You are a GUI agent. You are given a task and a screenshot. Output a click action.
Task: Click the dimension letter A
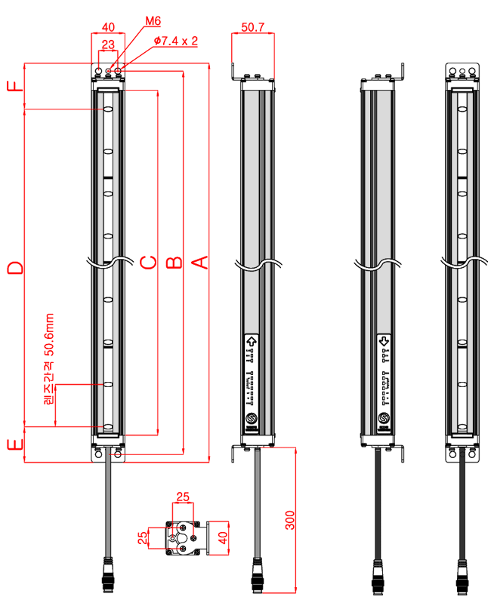[199, 262]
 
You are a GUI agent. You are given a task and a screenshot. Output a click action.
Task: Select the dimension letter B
[174, 262]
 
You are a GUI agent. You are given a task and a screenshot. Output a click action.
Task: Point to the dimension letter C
[148, 262]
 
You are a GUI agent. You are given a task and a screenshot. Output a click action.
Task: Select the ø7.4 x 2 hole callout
[175, 41]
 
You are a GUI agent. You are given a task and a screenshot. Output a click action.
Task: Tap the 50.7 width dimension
[252, 27]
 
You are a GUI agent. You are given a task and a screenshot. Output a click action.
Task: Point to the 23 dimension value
[108, 45]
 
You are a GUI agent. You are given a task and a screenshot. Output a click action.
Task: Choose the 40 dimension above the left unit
[108, 26]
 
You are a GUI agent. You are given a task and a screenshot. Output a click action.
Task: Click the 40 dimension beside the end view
[222, 538]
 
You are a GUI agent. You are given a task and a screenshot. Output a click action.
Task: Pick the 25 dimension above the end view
[184, 497]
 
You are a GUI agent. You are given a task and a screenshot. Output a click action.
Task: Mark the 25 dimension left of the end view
[143, 538]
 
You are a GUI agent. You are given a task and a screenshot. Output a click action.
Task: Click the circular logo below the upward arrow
[251, 419]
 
